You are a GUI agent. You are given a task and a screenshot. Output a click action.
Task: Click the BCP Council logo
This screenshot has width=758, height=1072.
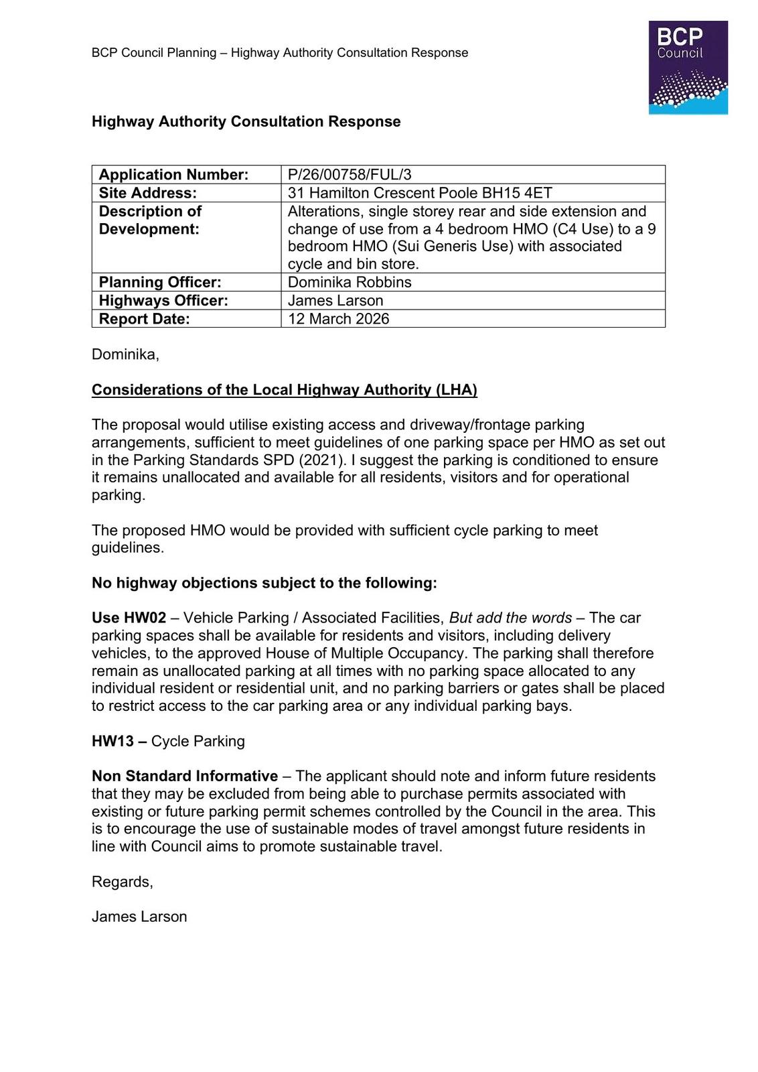coord(688,67)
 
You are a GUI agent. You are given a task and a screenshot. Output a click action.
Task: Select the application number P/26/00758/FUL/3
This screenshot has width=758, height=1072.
coord(350,175)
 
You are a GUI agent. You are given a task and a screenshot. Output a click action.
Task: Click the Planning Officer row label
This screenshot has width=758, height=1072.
coord(160,282)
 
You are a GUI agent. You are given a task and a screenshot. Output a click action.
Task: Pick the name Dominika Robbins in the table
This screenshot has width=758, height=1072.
coord(350,282)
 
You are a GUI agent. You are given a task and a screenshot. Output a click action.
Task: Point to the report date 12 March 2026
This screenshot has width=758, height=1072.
coord(338,319)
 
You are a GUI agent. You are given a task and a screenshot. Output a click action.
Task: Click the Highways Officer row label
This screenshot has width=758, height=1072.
coord(163,301)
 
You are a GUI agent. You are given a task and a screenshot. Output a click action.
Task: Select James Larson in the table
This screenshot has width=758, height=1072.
coord(335,301)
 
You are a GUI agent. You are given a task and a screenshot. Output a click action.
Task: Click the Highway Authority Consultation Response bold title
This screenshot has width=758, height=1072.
coord(246,122)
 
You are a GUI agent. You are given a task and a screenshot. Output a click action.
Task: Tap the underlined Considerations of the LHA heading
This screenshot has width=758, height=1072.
coord(284,390)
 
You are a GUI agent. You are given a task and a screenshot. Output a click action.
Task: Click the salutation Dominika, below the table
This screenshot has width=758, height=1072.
coord(125,354)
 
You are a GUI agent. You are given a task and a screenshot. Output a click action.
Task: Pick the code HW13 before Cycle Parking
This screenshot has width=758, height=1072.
coord(113,741)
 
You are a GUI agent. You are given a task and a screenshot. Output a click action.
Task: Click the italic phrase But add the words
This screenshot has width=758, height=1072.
coord(510,618)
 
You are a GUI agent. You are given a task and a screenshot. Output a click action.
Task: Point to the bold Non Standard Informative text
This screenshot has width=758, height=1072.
coord(184,776)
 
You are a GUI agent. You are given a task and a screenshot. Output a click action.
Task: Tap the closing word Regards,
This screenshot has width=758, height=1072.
coord(122,882)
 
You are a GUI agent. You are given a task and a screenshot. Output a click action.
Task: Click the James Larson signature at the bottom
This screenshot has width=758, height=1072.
coord(139,917)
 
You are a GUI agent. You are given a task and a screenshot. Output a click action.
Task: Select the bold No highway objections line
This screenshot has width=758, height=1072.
coord(264,583)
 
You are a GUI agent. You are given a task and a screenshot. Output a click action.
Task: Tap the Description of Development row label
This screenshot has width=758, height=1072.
coord(150,220)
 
